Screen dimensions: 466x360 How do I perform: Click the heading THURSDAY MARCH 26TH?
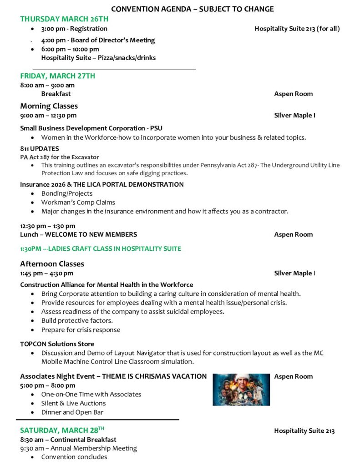(x=64, y=19)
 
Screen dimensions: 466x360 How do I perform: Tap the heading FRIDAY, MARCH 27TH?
(x=57, y=76)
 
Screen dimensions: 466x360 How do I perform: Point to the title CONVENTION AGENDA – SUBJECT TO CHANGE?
(x=193, y=9)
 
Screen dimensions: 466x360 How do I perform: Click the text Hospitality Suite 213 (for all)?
(x=297, y=29)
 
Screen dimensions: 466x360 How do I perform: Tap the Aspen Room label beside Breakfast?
(x=293, y=94)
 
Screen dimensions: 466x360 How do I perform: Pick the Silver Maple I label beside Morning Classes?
(x=294, y=115)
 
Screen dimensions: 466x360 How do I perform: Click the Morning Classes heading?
(x=49, y=106)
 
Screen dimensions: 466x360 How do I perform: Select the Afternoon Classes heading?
(x=52, y=264)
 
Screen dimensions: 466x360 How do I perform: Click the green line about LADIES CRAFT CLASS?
(x=101, y=248)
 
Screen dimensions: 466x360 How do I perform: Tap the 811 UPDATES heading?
(x=40, y=148)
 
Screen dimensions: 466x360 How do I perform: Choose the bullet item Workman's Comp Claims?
(x=78, y=203)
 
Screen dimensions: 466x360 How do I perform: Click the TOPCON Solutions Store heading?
(x=57, y=344)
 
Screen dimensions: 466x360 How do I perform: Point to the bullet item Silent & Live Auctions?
(x=73, y=403)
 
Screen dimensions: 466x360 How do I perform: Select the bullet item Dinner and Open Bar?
(x=72, y=412)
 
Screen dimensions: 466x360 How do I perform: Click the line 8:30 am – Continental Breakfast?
(x=68, y=440)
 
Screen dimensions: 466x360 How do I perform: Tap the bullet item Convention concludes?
(x=74, y=457)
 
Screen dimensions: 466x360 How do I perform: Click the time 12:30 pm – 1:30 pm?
(x=48, y=226)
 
